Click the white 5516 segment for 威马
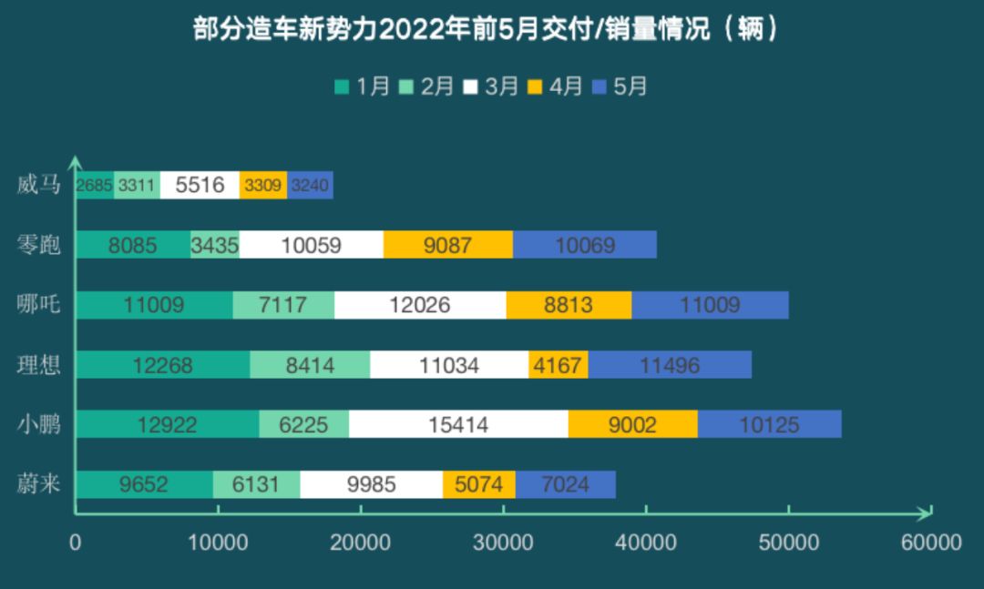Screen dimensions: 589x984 pyautogui.click(x=200, y=185)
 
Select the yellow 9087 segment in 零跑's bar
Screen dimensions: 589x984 pyautogui.click(x=448, y=245)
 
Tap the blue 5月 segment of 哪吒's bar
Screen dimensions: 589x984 pyautogui.click(x=710, y=305)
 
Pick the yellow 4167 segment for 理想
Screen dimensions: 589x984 pyautogui.click(x=558, y=365)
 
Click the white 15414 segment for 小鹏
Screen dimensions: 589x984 pyautogui.click(x=458, y=424)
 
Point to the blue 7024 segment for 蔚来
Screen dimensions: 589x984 pyautogui.click(x=565, y=484)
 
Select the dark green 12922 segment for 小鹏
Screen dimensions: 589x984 pyautogui.click(x=168, y=424)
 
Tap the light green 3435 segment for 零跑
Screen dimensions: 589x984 pyautogui.click(x=215, y=245)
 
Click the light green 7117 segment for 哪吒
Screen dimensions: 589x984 pyautogui.click(x=283, y=305)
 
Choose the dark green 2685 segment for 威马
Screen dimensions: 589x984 pyautogui.click(x=95, y=185)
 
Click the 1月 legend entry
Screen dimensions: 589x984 pyautogui.click(x=363, y=86)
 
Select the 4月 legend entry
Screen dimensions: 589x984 pyautogui.click(x=555, y=86)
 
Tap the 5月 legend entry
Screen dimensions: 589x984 pyautogui.click(x=620, y=86)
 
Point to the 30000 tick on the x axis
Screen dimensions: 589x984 pyautogui.click(x=504, y=543)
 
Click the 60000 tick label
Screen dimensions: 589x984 pyautogui.click(x=931, y=543)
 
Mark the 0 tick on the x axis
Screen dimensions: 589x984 pyautogui.click(x=76, y=543)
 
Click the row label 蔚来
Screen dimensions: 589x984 pyautogui.click(x=39, y=484)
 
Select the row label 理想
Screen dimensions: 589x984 pyautogui.click(x=39, y=365)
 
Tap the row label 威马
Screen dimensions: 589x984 pyautogui.click(x=39, y=185)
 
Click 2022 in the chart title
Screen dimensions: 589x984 pyautogui.click(x=406, y=30)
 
